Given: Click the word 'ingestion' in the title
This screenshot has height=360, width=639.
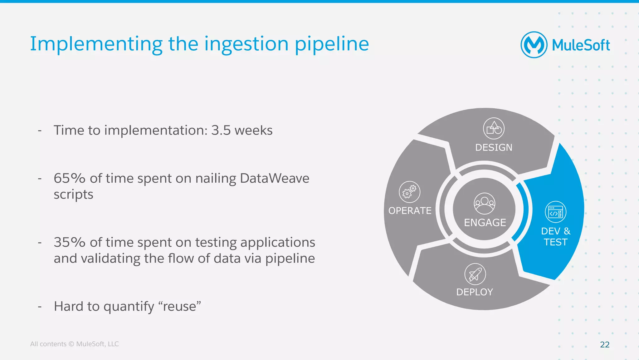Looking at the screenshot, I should [x=246, y=44].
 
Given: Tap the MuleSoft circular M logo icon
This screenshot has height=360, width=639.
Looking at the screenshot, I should [x=534, y=45].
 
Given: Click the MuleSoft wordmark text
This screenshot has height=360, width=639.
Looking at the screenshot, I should [x=581, y=45].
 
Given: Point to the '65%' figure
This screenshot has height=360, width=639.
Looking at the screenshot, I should [x=69, y=178].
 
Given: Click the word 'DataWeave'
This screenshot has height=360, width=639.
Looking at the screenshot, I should [x=274, y=178].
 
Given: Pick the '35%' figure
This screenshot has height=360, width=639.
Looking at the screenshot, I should [x=69, y=242].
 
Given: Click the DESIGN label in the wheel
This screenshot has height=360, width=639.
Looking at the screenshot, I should [x=494, y=147].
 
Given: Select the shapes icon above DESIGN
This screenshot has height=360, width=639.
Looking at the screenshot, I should [x=494, y=128].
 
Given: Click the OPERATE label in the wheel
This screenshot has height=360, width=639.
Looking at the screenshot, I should [x=410, y=211].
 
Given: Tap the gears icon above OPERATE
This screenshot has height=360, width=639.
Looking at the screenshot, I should [x=409, y=192].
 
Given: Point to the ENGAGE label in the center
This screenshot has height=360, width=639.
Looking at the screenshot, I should [x=485, y=223].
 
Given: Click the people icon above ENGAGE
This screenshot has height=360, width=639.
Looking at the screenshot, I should [x=484, y=204].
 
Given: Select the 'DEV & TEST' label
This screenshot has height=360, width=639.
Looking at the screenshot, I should [x=555, y=237].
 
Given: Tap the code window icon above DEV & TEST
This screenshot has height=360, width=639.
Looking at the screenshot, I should [x=555, y=212].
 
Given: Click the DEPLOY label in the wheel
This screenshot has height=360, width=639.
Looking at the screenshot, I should [x=474, y=292].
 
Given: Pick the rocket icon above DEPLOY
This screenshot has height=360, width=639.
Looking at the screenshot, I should [x=475, y=274].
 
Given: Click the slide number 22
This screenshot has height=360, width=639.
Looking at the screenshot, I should [x=605, y=344].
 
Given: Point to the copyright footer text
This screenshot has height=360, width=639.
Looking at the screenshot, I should [x=74, y=344].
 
